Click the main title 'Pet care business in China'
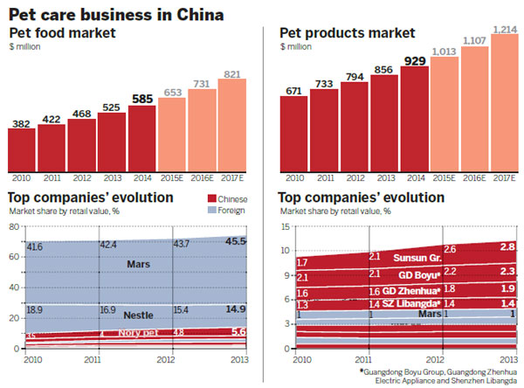tap(114, 13)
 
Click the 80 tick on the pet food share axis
tap(15, 226)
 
